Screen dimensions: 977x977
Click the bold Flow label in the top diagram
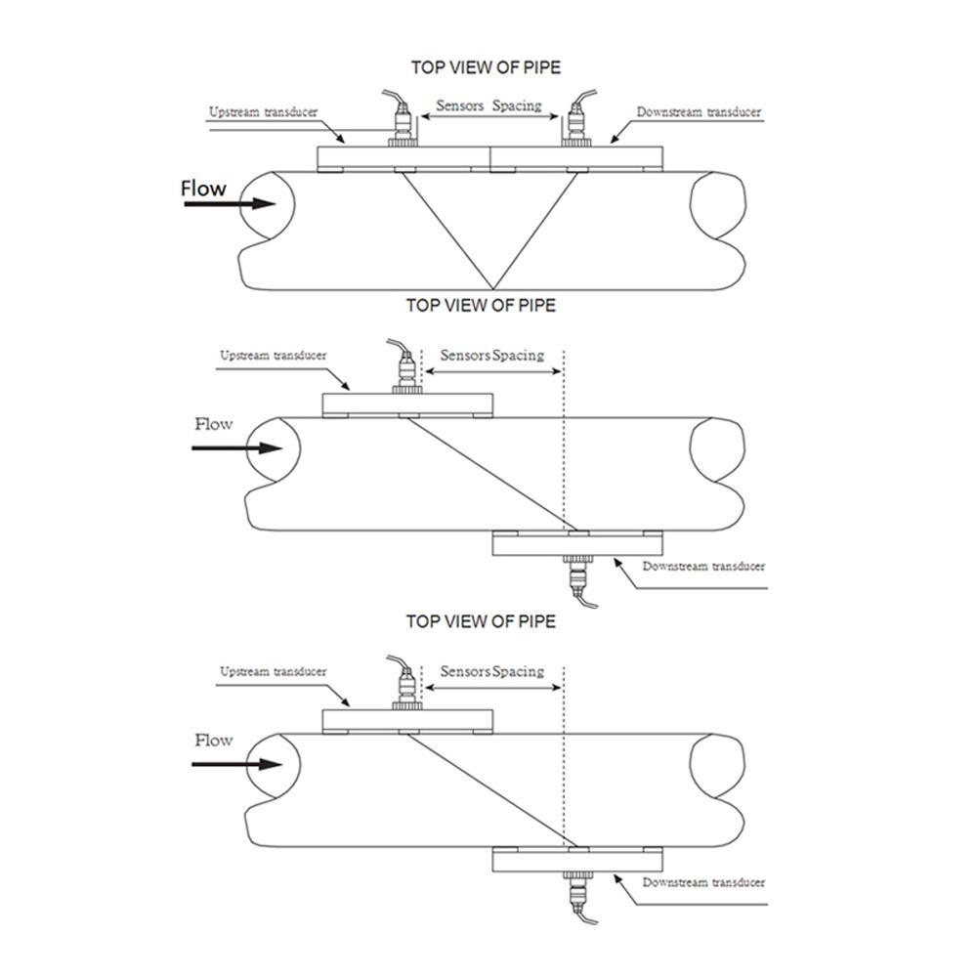[x=203, y=189]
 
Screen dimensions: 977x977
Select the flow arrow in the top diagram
[x=230, y=204]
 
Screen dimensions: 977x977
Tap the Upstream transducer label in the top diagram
[x=263, y=112]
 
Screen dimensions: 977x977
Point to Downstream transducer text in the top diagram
[x=699, y=112]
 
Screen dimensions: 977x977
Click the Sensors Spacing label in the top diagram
[x=488, y=106]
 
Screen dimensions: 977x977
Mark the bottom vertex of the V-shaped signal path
[x=493, y=289]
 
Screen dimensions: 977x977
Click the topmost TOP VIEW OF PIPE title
[x=486, y=67]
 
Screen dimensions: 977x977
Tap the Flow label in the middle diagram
[x=214, y=424]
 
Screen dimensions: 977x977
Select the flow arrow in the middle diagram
[x=236, y=448]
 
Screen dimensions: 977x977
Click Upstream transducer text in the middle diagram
[x=273, y=356]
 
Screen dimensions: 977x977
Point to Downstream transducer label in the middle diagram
[x=703, y=567]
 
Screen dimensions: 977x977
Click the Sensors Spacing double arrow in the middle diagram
[x=493, y=372]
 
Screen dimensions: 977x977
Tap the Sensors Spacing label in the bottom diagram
[x=492, y=672]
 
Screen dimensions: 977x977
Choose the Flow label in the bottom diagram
[x=214, y=741]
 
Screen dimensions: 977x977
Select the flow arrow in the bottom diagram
[x=236, y=764]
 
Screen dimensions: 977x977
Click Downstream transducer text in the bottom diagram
[x=703, y=882]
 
